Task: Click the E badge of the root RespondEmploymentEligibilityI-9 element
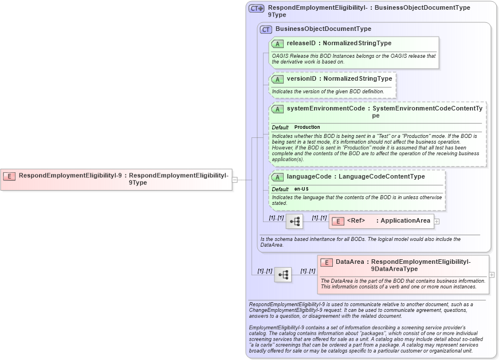click(9, 176)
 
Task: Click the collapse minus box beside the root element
click(235, 180)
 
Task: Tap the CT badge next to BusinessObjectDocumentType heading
click(266, 29)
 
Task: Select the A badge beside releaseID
click(277, 43)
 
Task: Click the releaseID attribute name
click(301, 43)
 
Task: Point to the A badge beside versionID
click(277, 79)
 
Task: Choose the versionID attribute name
click(301, 79)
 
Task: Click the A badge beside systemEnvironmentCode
click(277, 109)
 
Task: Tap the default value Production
click(307, 127)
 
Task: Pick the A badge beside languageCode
click(277, 177)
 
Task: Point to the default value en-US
click(302, 189)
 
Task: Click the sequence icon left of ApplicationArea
click(294, 221)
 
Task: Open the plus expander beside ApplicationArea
click(437, 221)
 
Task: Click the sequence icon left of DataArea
click(283, 275)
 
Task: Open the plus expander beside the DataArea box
click(492, 275)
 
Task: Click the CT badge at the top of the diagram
click(256, 9)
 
